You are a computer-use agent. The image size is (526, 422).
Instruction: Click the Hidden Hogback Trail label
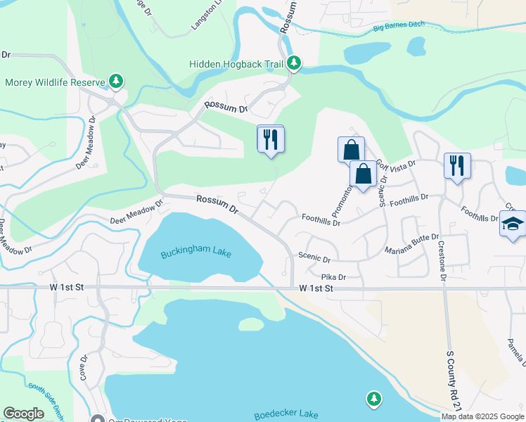point(236,64)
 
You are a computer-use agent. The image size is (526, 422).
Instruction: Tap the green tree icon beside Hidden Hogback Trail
point(294,64)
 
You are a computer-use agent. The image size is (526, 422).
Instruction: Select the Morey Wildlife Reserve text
point(55,82)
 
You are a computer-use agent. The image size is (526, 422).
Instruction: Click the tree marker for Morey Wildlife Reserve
point(116,82)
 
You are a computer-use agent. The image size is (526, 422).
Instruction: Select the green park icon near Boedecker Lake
point(374,400)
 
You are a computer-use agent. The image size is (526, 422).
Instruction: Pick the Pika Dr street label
point(334,277)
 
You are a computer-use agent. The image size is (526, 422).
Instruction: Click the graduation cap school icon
point(513,224)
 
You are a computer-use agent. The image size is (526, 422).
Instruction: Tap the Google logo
point(23,414)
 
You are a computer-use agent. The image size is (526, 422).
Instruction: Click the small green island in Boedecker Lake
point(250,324)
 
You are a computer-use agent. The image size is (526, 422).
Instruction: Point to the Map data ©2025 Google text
point(482,416)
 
